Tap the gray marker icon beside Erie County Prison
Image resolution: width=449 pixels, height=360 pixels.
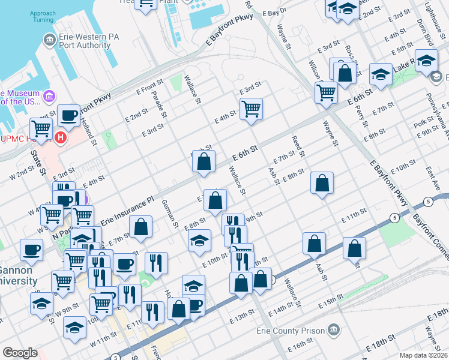click(334, 331)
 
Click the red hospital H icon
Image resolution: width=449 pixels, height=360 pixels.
click(60, 139)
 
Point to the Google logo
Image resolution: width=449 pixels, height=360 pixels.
click(20, 353)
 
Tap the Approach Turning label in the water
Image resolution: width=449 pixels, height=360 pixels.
click(43, 16)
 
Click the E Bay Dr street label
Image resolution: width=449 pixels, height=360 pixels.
click(283, 11)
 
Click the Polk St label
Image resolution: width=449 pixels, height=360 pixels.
click(422, 124)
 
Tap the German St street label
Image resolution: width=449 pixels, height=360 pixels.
click(170, 213)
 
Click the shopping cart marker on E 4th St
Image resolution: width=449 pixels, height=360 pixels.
click(252, 109)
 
